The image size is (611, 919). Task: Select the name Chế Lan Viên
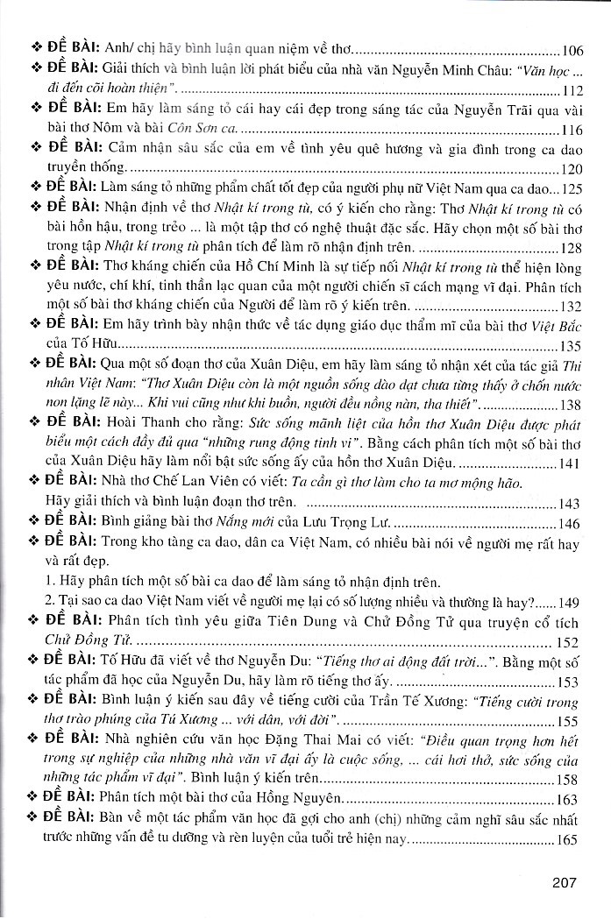pyautogui.click(x=176, y=484)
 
